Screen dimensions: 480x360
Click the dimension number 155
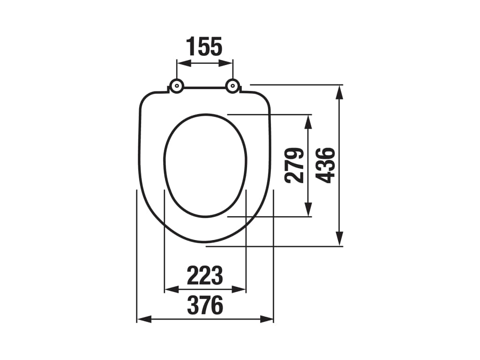(x=204, y=46)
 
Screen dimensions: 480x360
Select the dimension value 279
(x=294, y=165)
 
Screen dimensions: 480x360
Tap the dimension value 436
(x=325, y=165)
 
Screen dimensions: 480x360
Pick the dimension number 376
(x=205, y=305)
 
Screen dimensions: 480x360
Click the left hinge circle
(x=177, y=86)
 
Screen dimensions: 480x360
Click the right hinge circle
(x=232, y=86)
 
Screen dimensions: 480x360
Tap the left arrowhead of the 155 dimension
(x=184, y=63)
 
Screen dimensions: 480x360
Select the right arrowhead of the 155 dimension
(x=226, y=63)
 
